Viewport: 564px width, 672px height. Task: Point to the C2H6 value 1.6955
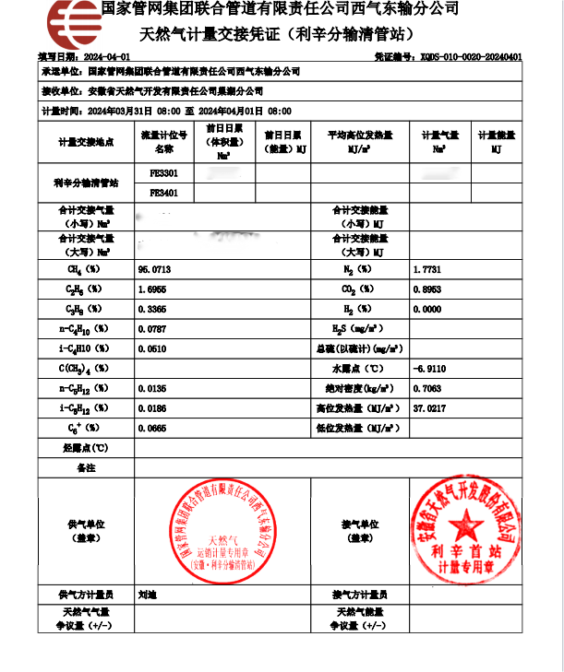pyautogui.click(x=152, y=289)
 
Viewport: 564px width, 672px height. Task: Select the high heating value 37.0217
pyautogui.click(x=430, y=408)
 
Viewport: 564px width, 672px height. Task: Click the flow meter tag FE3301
pyautogui.click(x=163, y=173)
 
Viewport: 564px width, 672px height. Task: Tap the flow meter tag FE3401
pyautogui.click(x=163, y=193)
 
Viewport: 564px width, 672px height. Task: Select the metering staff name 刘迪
pyautogui.click(x=147, y=595)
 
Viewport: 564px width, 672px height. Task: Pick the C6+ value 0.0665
pyautogui.click(x=152, y=429)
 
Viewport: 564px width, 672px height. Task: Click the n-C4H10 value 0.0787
pyautogui.click(x=152, y=328)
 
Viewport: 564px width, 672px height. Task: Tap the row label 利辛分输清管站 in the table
pyautogui.click(x=86, y=183)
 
